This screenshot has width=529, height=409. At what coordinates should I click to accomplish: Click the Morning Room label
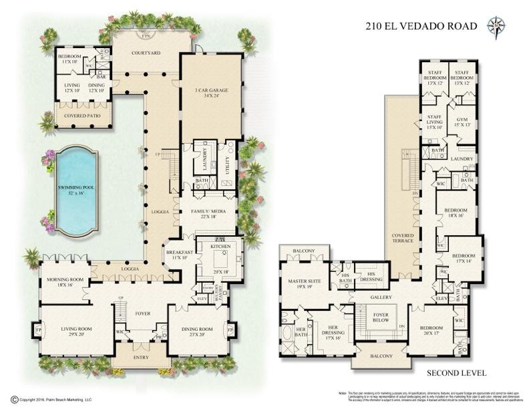64,281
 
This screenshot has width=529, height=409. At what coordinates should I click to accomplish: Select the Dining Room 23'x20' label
196,332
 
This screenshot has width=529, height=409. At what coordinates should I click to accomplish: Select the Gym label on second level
462,121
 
